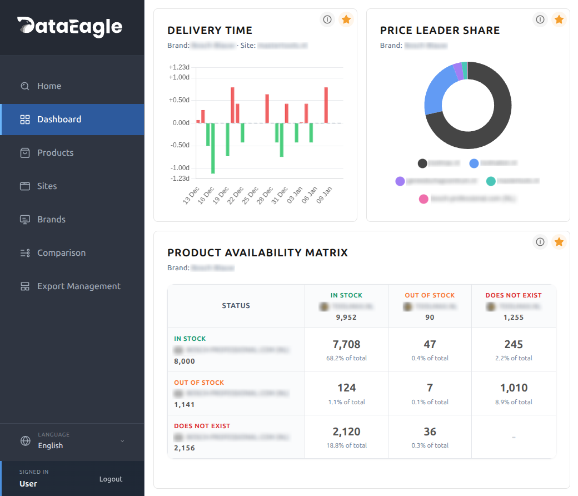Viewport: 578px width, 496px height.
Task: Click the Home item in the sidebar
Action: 49,86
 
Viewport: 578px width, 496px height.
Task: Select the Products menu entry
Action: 55,153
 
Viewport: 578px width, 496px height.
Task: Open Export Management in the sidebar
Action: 78,286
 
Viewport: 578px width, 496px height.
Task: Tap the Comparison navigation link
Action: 61,253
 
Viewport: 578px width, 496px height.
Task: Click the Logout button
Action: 111,479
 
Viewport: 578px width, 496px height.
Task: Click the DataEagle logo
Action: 70,26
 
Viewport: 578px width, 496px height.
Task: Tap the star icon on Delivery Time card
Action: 346,20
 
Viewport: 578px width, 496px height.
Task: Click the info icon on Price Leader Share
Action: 540,20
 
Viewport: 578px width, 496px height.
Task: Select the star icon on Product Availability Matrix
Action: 559,242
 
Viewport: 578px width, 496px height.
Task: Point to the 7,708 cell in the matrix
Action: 346,345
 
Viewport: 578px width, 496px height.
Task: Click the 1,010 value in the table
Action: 514,388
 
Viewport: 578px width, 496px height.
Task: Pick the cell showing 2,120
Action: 346,432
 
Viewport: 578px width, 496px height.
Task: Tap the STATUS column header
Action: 236,306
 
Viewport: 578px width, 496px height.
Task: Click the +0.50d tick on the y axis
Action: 180,100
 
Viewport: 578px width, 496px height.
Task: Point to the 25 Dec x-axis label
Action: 251,196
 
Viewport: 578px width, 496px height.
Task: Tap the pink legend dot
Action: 423,199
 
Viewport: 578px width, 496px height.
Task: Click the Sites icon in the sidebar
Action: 25,186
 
